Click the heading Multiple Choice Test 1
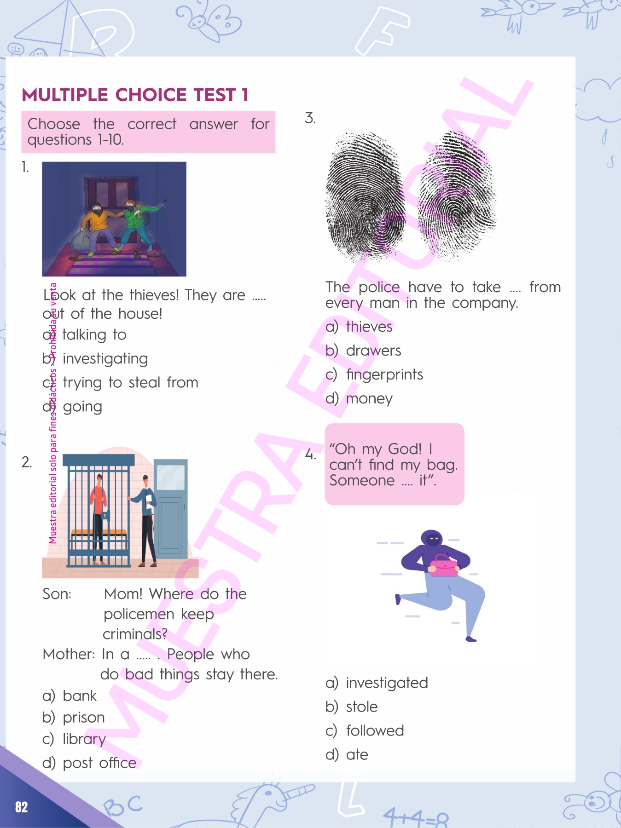coord(135,95)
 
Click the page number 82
coord(21,807)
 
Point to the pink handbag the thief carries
coord(443,565)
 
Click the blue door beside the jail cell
coord(171,508)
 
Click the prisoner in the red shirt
coord(98,517)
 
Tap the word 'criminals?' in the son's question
coord(135,634)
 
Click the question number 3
coord(310,118)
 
